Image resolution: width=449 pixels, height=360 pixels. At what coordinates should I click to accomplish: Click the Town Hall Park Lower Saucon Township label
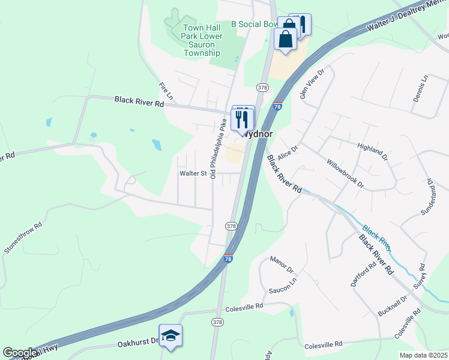(x=202, y=40)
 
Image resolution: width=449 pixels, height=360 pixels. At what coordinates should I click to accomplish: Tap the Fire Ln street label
(x=166, y=91)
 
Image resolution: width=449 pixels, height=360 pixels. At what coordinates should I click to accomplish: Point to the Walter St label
(x=193, y=173)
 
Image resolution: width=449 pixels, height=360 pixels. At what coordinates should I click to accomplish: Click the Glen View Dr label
(x=312, y=83)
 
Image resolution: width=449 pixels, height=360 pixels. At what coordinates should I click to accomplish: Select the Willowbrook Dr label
(x=345, y=173)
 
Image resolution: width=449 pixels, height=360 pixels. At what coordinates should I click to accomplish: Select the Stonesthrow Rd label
(x=23, y=238)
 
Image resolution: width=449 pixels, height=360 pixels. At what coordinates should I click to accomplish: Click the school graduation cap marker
(x=170, y=335)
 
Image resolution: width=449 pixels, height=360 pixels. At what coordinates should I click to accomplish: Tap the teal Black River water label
(x=377, y=238)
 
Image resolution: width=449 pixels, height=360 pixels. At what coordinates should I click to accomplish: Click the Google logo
(x=20, y=353)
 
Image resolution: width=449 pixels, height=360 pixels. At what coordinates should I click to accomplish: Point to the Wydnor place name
(x=259, y=135)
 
